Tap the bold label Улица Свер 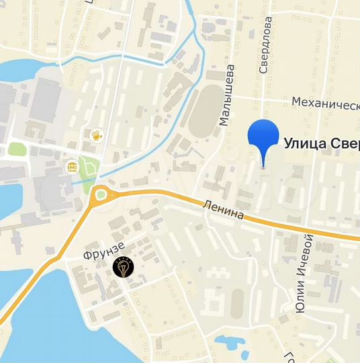click(x=322, y=143)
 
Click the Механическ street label click(x=325, y=102)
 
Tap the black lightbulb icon click(x=123, y=267)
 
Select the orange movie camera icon click(x=96, y=135)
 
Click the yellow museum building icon click(x=71, y=165)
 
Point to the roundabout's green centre click(x=101, y=196)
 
